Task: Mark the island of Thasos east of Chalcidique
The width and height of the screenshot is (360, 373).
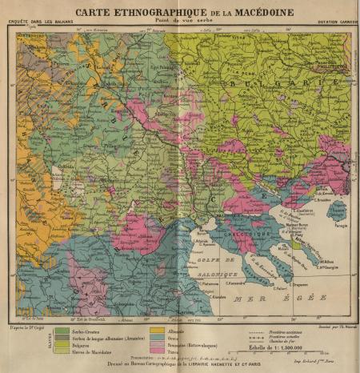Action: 337,211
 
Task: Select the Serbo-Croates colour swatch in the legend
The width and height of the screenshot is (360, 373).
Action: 61,331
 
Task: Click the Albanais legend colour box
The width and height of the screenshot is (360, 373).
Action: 157,331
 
